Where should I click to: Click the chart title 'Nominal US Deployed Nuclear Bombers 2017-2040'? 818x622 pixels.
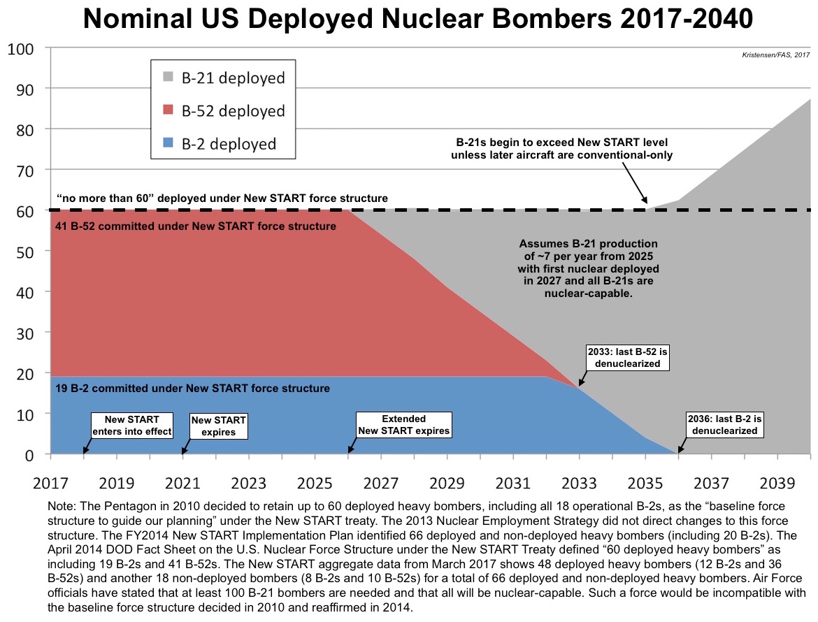tap(418, 19)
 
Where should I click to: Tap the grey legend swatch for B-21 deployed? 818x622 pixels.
tap(168, 77)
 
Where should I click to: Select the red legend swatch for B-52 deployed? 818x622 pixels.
tap(168, 110)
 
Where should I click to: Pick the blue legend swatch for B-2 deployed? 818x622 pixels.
tap(168, 143)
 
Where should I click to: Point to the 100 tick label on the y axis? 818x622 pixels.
tap(21, 49)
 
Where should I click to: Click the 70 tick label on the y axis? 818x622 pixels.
tap(25, 171)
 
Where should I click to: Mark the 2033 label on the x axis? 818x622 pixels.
tap(579, 484)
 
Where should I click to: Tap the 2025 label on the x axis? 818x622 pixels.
tap(315, 484)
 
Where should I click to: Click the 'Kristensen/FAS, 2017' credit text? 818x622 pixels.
tap(776, 55)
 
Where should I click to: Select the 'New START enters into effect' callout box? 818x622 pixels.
tap(132, 426)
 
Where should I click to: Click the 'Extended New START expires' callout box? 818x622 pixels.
tap(404, 425)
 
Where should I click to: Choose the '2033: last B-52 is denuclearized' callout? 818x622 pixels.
tap(628, 358)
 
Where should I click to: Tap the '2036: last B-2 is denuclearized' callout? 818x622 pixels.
tap(724, 425)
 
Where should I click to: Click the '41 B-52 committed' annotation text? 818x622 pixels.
tap(196, 226)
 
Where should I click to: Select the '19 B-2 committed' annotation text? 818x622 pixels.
tap(192, 389)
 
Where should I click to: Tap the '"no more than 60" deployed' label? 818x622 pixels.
tap(222, 198)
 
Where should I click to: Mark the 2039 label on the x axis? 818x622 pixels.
tap(777, 484)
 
